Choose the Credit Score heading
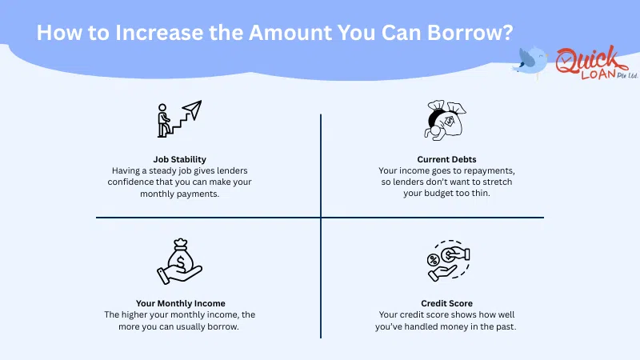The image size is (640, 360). point(446,303)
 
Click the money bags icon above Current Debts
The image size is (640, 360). point(445,120)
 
